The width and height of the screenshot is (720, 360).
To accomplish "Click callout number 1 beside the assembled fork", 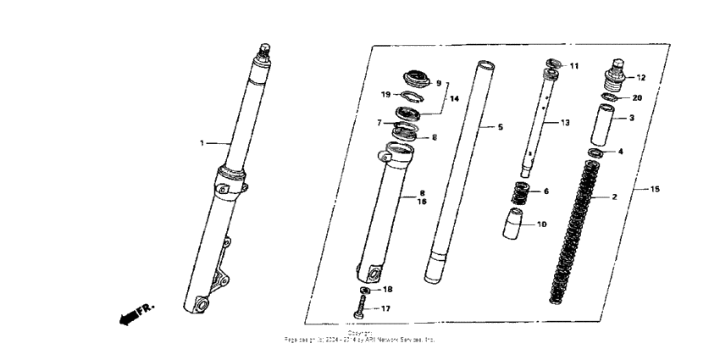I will tap(202, 143).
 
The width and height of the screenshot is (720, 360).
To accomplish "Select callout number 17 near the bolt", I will tap(386, 308).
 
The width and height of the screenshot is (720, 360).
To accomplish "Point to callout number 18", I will tap(387, 290).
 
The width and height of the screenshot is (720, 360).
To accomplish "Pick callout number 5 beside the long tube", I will tap(500, 127).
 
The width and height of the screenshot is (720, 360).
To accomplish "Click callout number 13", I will tap(565, 123).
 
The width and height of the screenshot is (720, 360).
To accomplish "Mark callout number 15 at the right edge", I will tap(654, 189).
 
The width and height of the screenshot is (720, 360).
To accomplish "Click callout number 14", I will tap(454, 99).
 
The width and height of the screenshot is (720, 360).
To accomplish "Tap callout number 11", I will tap(573, 66).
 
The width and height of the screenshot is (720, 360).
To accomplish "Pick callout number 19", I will tap(385, 94).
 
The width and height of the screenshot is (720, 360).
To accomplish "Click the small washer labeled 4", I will tap(596, 152).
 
